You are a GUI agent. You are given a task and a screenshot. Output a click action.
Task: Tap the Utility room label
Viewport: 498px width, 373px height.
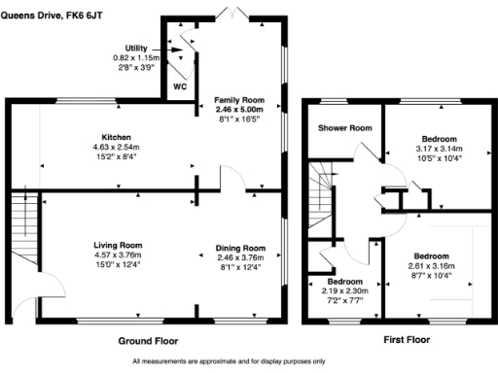coord(136,48)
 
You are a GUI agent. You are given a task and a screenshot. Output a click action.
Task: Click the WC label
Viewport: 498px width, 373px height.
coord(179,85)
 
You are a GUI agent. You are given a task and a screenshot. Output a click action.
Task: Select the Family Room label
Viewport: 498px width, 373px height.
coord(239,100)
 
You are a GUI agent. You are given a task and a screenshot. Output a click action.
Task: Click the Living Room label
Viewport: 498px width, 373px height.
coord(118,244)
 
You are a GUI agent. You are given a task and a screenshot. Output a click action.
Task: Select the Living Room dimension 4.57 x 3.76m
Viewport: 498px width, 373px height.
coord(118,254)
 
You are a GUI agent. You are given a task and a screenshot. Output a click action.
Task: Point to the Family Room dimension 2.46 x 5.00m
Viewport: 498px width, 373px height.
coord(239,111)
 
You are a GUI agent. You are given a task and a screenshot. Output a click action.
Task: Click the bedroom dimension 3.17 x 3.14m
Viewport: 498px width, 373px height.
coord(439,150)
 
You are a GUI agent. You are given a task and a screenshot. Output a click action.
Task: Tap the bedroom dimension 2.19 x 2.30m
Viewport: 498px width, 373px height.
coord(338,290)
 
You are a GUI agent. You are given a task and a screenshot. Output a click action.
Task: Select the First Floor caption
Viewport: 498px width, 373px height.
coord(401,342)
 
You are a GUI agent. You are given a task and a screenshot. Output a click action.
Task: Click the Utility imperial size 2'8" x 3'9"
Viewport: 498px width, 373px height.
coord(136,69)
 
